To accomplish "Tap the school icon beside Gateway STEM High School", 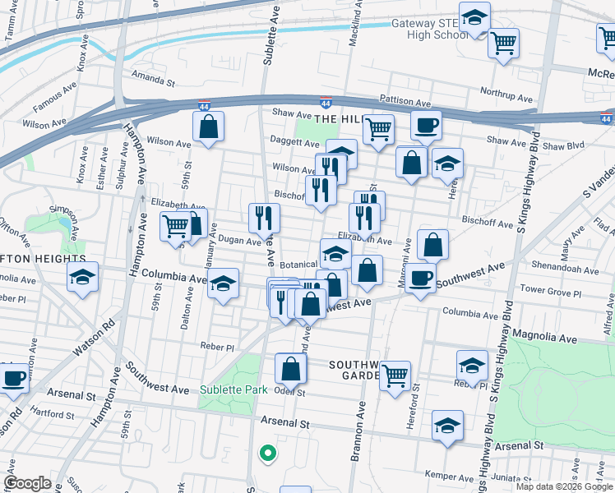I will coord(474,18).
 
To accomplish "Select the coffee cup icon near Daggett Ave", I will coord(425,127).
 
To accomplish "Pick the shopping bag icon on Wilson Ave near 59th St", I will coord(208,127).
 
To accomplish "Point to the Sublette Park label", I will coord(234,389).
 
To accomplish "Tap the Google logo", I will coord(28,482).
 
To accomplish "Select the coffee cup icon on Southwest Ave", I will coord(420,279).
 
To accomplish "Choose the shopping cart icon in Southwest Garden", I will coord(395,376).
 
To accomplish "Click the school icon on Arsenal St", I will coord(446,426).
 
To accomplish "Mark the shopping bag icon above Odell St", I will coord(290,368).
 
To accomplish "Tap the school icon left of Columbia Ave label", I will coord(82,279).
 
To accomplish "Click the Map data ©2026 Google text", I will coord(564,486).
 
